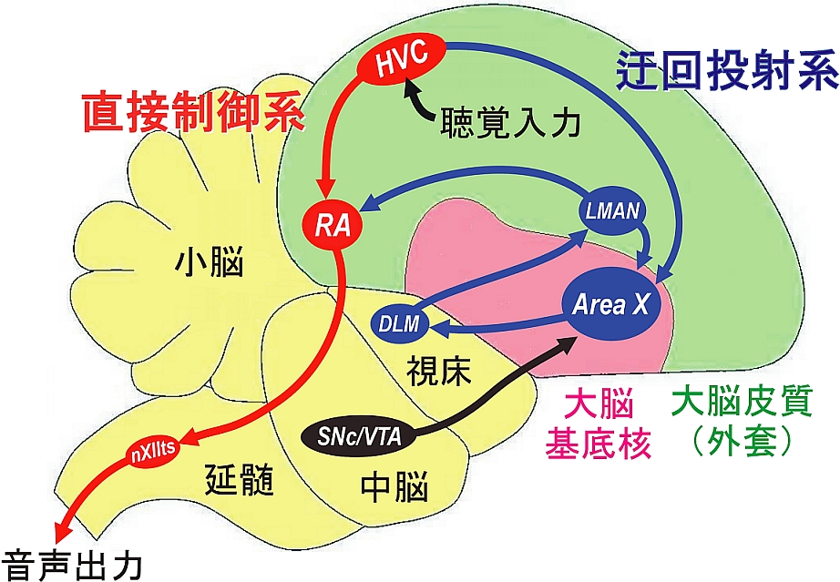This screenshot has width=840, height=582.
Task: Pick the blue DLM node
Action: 398,322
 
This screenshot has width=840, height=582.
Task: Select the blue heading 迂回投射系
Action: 725,68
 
